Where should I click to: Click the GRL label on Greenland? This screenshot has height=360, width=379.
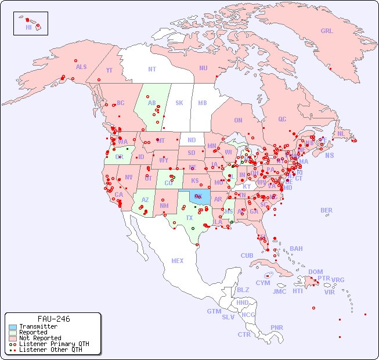327,31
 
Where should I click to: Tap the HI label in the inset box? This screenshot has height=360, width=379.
28,27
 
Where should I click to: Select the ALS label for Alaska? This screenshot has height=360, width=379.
81,67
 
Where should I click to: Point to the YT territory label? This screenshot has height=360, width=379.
109,70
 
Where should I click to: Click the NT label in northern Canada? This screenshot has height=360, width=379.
152,69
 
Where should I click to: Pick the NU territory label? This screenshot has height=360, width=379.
203,68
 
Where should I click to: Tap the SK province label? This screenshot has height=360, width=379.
179,103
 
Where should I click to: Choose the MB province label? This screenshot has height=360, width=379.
202,103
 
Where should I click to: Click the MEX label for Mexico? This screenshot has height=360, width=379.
178,261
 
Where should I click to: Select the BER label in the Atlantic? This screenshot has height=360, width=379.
326,210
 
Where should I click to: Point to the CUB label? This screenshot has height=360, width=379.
247,255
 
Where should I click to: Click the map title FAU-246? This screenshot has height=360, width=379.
53,319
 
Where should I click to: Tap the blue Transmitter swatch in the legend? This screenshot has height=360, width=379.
13,327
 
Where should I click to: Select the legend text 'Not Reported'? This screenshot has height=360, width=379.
39,338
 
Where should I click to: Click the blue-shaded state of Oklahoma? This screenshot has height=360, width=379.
200,198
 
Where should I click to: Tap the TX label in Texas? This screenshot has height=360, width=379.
189,218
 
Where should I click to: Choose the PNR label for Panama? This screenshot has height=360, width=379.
277,327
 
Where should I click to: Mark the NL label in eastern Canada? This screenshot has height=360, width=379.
341,134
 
